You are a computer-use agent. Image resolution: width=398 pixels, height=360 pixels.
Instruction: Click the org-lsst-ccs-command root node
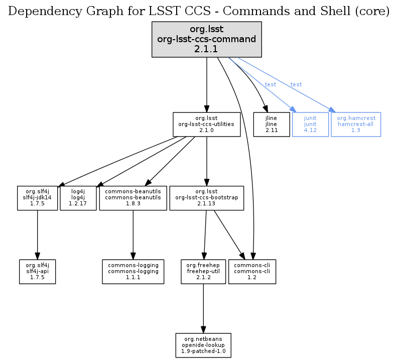pyautogui.click(x=206, y=39)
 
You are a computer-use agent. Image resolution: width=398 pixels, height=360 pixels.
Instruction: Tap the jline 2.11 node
pyautogui.click(x=272, y=124)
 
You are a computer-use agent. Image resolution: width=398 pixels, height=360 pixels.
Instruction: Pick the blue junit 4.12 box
pyautogui.click(x=310, y=124)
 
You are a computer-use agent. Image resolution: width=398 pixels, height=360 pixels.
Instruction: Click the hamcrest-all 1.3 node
pyautogui.click(x=356, y=124)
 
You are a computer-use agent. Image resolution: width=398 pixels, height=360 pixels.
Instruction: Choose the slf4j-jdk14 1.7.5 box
pyautogui.click(x=37, y=198)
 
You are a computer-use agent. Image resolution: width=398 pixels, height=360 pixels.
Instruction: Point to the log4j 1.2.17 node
pyautogui.click(x=78, y=198)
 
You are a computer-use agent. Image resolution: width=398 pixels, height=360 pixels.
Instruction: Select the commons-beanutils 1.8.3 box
pyautogui.click(x=132, y=198)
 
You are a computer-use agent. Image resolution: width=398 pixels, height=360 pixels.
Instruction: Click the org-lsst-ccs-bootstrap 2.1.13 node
pyautogui.click(x=206, y=198)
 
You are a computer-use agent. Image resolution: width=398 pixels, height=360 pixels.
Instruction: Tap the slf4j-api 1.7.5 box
pyautogui.click(x=37, y=271)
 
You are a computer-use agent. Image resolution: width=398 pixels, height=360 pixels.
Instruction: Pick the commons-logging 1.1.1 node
pyautogui.click(x=132, y=271)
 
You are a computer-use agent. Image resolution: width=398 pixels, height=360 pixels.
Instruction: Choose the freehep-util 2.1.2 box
pyautogui.click(x=203, y=271)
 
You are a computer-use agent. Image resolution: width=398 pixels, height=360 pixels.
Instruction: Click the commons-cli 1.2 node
pyautogui.click(x=252, y=271)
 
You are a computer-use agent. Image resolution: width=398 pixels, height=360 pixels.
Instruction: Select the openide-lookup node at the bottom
pyautogui.click(x=203, y=345)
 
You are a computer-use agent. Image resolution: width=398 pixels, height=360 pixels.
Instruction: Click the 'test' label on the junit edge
pyautogui.click(x=271, y=85)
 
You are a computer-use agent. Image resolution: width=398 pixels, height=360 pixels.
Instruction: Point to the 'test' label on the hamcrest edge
pyautogui.click(x=296, y=85)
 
